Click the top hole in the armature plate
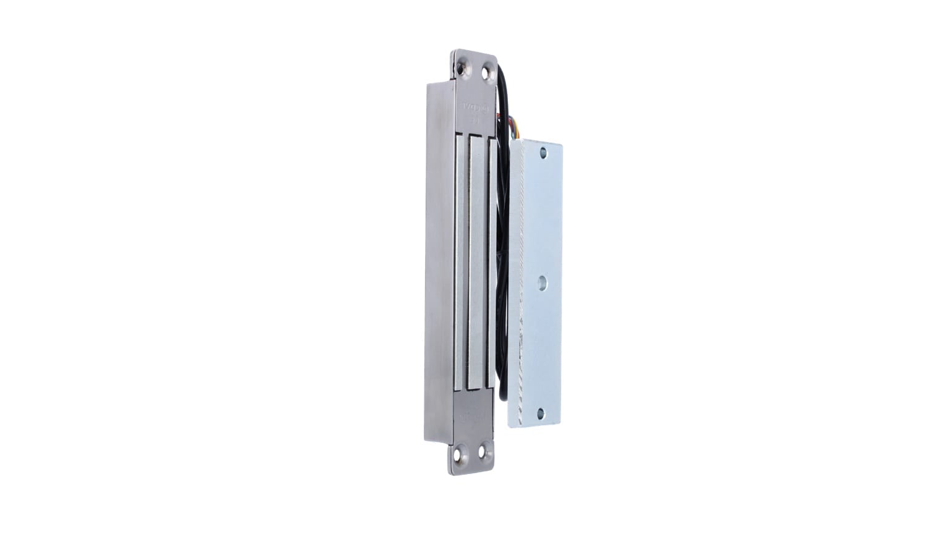coord(542,151)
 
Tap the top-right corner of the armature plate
coord(560,145)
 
